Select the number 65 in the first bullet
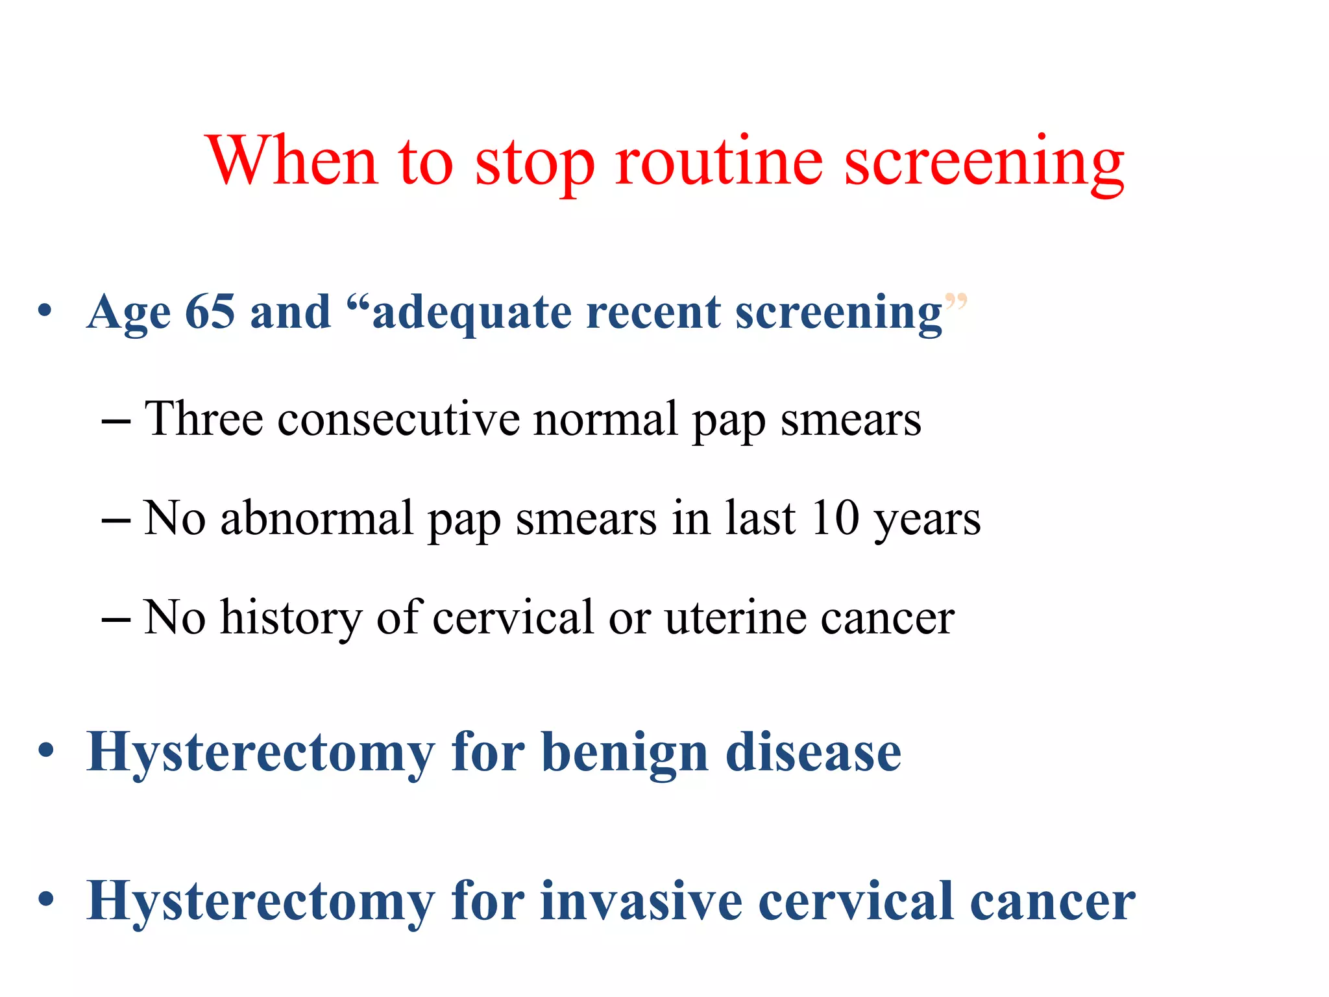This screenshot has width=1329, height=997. (210, 312)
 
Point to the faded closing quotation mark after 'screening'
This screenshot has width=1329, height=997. (956, 301)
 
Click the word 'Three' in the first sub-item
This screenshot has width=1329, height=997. (204, 419)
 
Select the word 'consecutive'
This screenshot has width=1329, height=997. (398, 419)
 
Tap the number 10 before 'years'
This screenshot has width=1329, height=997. (835, 519)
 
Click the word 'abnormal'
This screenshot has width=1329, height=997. (317, 519)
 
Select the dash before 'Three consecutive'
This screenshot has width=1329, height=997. (116, 421)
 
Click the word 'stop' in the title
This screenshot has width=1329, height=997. (535, 162)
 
